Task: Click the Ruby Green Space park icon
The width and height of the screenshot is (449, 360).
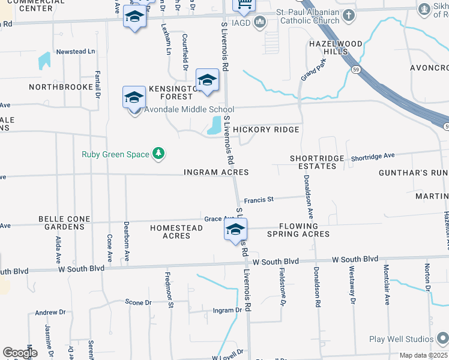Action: pos(158,154)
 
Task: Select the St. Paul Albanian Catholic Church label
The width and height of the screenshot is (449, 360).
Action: pos(307,16)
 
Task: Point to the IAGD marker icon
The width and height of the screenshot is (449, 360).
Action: pos(260,23)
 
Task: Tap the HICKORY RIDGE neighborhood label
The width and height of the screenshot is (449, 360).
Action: pos(266,130)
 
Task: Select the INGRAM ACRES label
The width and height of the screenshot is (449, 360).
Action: pos(216,172)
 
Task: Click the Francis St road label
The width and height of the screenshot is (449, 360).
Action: pos(258,199)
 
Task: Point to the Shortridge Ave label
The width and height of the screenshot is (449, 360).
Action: pos(373,156)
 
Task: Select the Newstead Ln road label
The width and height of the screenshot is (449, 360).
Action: pos(76,52)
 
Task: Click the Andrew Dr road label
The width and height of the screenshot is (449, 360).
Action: pos(50,313)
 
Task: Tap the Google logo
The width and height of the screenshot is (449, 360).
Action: pos(20,353)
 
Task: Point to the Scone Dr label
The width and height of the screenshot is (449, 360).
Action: pos(138,302)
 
